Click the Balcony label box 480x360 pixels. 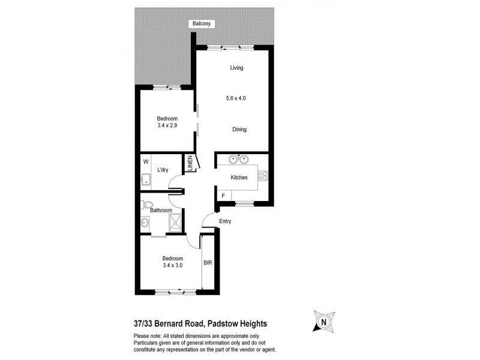point(201,24)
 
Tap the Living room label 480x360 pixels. point(236,68)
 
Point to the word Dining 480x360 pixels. point(239,130)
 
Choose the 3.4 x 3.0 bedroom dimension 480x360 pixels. point(172,266)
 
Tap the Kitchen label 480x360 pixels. point(239,178)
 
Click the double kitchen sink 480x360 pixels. point(238,160)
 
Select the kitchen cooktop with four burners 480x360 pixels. point(262,176)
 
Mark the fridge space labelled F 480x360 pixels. point(223,196)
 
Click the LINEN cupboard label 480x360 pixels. point(190,164)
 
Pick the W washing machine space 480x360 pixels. point(145,162)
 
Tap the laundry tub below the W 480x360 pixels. point(146,179)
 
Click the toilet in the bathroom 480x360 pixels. point(147,204)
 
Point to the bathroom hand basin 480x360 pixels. point(145,224)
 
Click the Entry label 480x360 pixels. point(225,221)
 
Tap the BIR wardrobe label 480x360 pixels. point(208,263)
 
